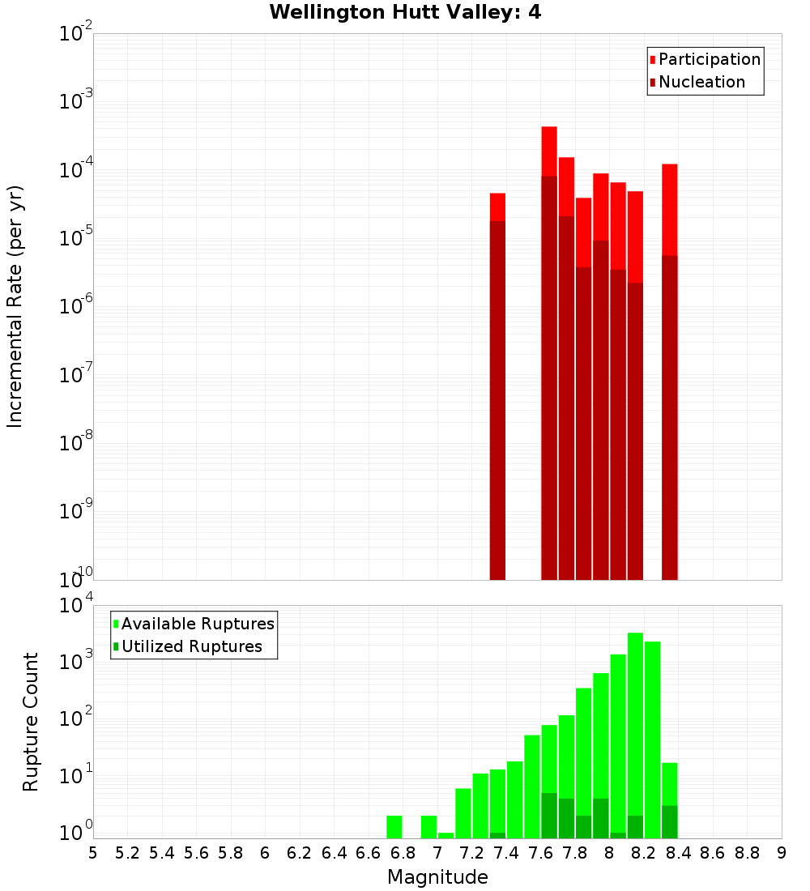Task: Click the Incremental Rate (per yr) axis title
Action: click(15, 306)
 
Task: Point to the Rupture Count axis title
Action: click(31, 722)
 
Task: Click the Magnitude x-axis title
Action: click(437, 877)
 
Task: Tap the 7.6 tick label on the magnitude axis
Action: click(540, 853)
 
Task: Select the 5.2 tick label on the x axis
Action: click(127, 853)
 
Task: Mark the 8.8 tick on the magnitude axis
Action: click(747, 853)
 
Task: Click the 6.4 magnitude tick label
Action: click(334, 853)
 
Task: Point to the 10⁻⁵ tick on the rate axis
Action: click(75, 238)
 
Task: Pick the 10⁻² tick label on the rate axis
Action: click(75, 34)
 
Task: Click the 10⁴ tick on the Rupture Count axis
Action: click(75, 605)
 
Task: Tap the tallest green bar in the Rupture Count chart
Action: click(635, 729)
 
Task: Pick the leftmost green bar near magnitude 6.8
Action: click(394, 827)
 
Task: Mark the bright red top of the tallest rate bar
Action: click(549, 151)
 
